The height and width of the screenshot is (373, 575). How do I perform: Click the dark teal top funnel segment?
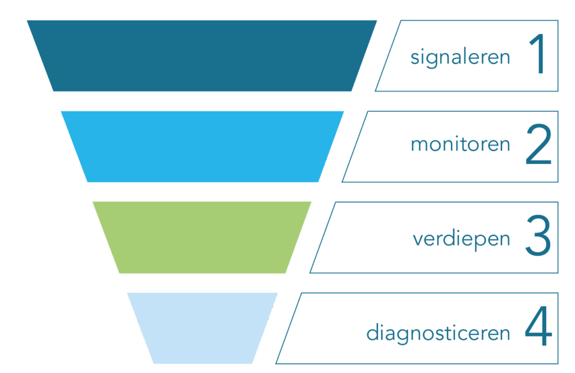202,56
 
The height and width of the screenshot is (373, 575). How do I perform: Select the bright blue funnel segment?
202,147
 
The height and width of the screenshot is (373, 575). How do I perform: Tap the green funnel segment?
202,237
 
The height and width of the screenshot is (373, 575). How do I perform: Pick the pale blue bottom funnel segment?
202,328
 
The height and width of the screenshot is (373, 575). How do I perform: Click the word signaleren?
460,58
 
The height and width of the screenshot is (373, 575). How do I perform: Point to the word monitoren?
460,144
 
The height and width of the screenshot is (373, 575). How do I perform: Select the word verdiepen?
462,239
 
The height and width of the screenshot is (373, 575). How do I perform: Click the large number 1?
537,53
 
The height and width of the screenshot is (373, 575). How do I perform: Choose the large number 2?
539,144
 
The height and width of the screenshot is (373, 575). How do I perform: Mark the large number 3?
538,235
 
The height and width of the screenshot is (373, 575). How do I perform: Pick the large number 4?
539,326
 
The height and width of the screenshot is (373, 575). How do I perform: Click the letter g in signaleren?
432,60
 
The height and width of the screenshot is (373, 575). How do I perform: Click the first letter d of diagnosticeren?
373,333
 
